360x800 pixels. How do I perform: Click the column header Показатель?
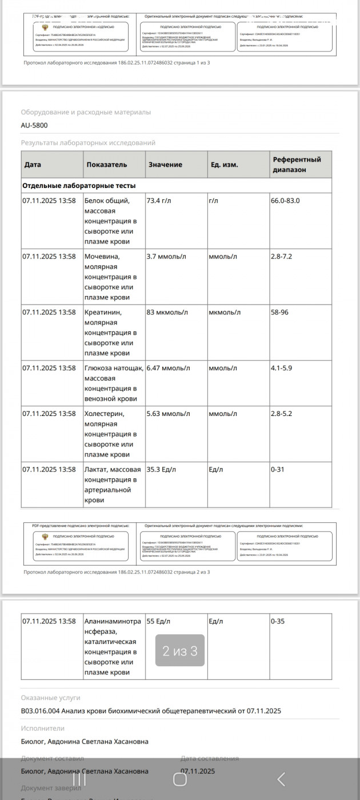coord(107,165)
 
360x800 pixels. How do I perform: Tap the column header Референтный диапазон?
coord(297,165)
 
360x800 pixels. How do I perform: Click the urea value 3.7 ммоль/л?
coord(166,257)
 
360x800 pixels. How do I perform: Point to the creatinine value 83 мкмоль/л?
coord(167,313)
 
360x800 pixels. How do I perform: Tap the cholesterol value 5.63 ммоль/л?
coord(169,414)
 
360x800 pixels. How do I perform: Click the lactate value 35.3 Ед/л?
coord(162,470)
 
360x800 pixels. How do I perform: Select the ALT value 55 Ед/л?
coord(158,621)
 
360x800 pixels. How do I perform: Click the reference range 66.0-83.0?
coord(285,201)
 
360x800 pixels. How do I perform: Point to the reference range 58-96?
coord(281,313)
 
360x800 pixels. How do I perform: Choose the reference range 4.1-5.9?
coord(281,368)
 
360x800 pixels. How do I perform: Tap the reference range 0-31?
coord(278,470)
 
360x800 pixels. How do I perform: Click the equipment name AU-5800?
coord(34,125)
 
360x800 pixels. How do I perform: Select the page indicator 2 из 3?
coord(179,651)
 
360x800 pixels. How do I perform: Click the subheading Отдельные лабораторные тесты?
coord(79,186)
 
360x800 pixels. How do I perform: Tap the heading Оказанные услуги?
coord(51,698)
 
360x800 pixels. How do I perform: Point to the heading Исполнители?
coord(43,729)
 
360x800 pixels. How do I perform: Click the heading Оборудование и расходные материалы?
coord(86,113)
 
